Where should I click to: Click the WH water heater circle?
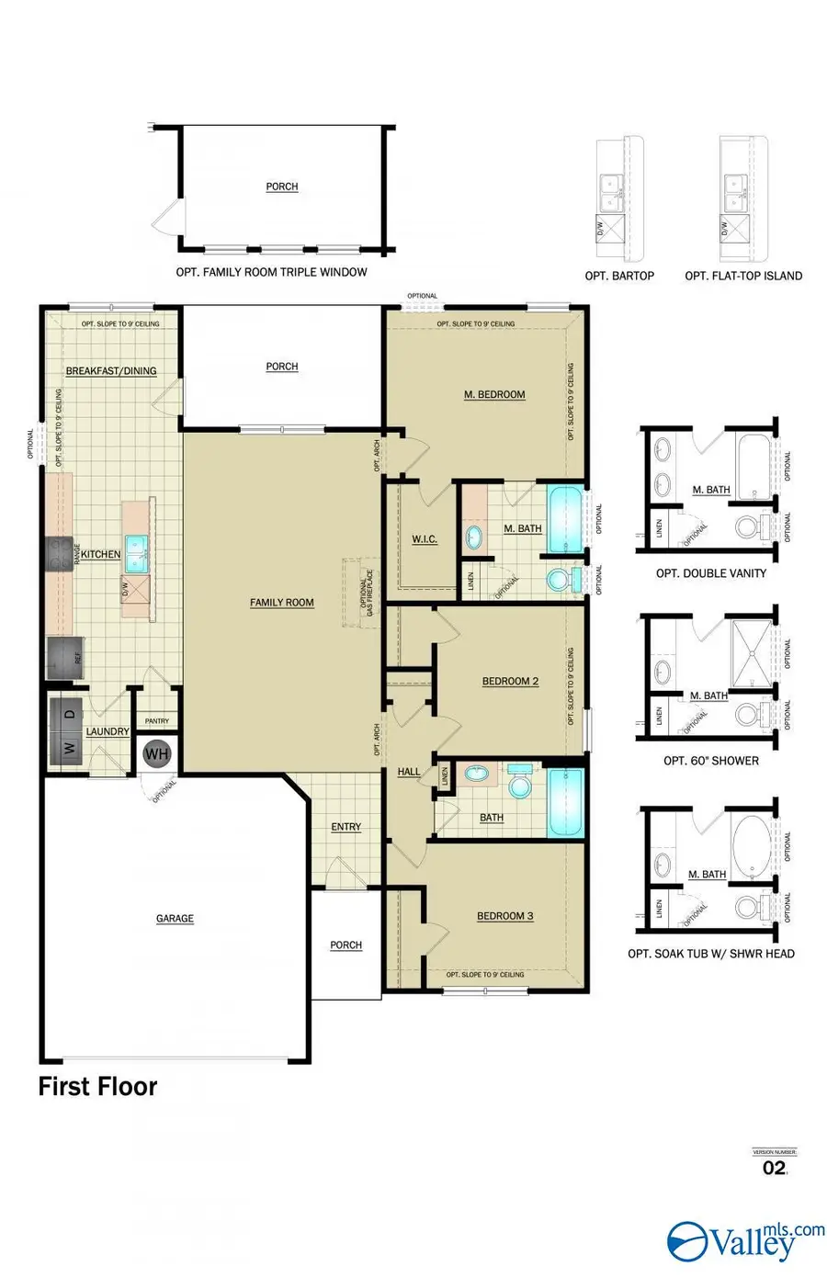(157, 754)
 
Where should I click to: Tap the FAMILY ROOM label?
(282, 603)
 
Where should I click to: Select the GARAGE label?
(175, 918)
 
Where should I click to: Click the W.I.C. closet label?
(424, 539)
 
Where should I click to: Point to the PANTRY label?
(157, 721)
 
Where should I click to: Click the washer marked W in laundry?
(69, 746)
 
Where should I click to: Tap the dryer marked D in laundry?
(69, 711)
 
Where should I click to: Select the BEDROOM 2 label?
(510, 682)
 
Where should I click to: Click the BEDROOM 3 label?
(504, 916)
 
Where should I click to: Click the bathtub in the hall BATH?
(565, 804)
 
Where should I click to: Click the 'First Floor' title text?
(97, 1086)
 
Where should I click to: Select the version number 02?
(775, 1168)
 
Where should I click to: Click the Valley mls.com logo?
(745, 1240)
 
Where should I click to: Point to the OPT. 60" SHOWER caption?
(711, 761)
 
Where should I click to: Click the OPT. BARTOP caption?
(619, 276)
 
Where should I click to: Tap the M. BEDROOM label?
(494, 394)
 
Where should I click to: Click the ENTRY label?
(346, 827)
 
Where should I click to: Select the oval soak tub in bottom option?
(754, 843)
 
